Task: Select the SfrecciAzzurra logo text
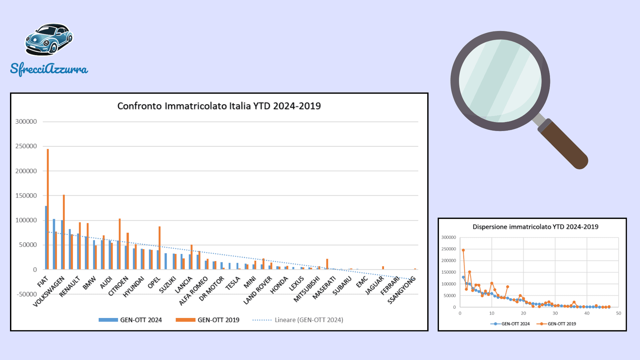tap(49, 69)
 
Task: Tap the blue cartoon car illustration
tap(49, 39)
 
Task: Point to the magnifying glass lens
tap(500, 81)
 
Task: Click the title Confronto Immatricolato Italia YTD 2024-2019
tap(219, 106)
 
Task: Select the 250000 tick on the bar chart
tap(26, 146)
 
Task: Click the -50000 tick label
tap(27, 294)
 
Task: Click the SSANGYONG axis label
tap(402, 290)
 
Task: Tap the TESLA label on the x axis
tap(233, 283)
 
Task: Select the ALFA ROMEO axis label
tap(193, 291)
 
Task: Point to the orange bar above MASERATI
tap(327, 264)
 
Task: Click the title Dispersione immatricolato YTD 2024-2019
tap(535, 227)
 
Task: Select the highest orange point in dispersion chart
tap(463, 250)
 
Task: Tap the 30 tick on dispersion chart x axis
tap(555, 313)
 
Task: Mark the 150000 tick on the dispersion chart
tap(448, 272)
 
